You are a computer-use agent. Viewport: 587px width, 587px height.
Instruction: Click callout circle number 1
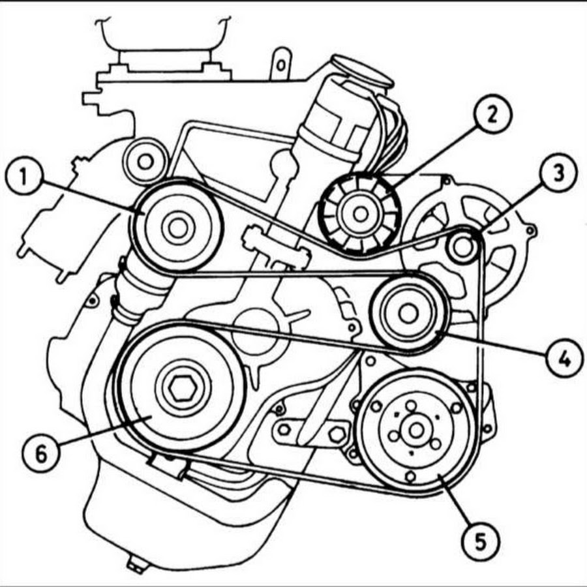[24, 175]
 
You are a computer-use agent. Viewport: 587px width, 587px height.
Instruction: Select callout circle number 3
[558, 173]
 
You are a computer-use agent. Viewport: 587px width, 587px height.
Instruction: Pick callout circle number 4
[564, 358]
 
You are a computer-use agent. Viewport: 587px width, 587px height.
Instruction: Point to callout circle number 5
[480, 542]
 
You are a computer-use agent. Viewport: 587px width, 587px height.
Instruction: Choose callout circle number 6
[41, 453]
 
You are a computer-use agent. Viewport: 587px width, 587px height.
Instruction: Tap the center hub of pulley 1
[177, 228]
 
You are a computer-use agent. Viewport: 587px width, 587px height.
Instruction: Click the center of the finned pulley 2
[360, 214]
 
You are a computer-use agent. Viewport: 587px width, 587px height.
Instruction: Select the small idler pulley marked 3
[464, 247]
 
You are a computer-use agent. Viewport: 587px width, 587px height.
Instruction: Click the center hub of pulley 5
[416, 430]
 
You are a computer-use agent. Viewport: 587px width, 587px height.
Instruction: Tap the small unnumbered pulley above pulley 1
[145, 162]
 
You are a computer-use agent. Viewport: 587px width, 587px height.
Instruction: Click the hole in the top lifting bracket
[280, 65]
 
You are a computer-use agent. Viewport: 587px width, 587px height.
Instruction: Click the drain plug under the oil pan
[136, 566]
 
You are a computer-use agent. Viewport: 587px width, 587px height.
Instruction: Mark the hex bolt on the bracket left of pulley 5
[337, 434]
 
